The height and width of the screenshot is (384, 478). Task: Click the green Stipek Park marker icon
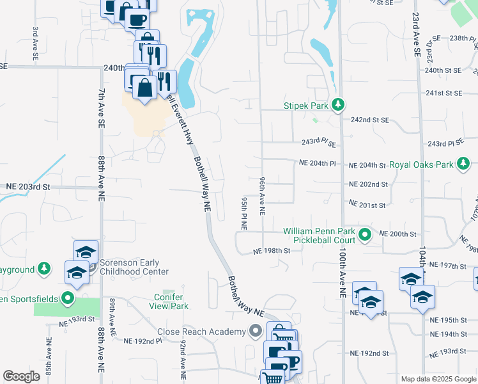point(338,105)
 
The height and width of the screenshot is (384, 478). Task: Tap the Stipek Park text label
point(306,106)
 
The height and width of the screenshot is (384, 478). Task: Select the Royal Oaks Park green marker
point(464,164)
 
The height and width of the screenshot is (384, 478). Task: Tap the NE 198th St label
point(271,251)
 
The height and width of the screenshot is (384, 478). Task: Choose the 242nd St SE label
point(370,120)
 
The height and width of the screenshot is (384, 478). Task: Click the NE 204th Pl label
point(318,164)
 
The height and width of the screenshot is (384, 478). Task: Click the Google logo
point(21,376)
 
